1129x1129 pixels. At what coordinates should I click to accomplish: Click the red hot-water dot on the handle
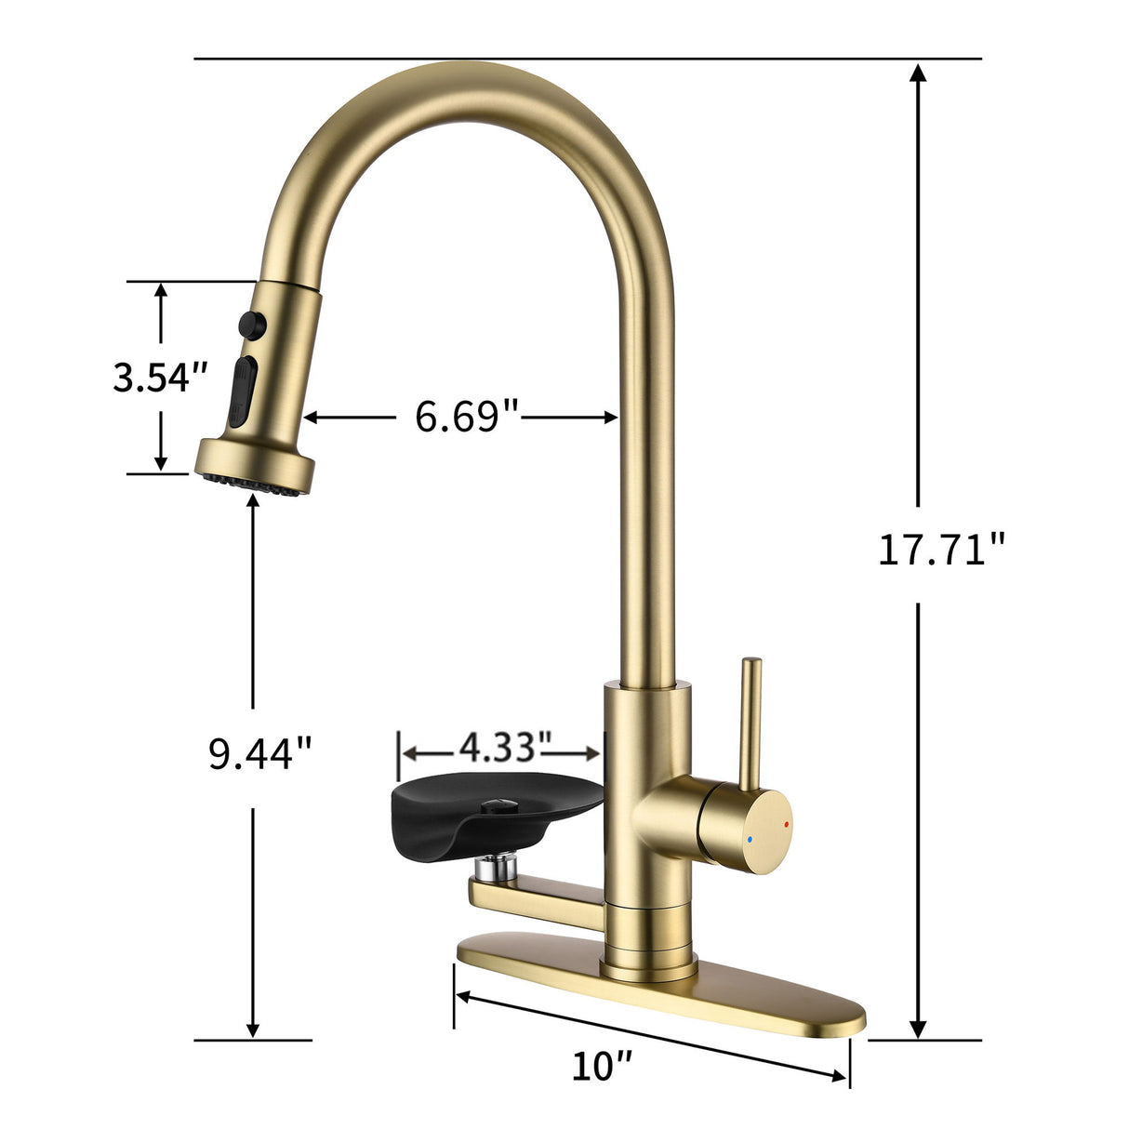(787, 824)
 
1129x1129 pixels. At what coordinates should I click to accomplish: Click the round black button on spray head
(252, 324)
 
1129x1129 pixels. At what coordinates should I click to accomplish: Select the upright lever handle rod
(750, 716)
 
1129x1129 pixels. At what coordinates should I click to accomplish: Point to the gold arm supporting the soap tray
(539, 897)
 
